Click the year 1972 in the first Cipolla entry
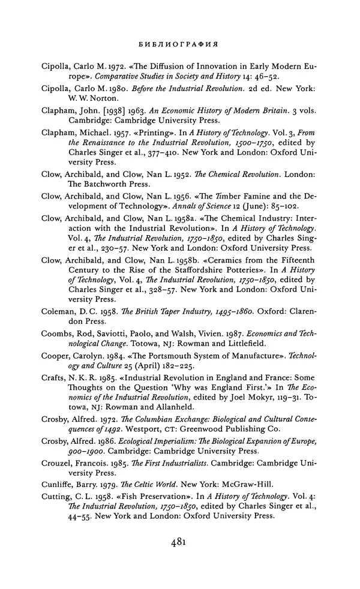[x=112, y=67]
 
